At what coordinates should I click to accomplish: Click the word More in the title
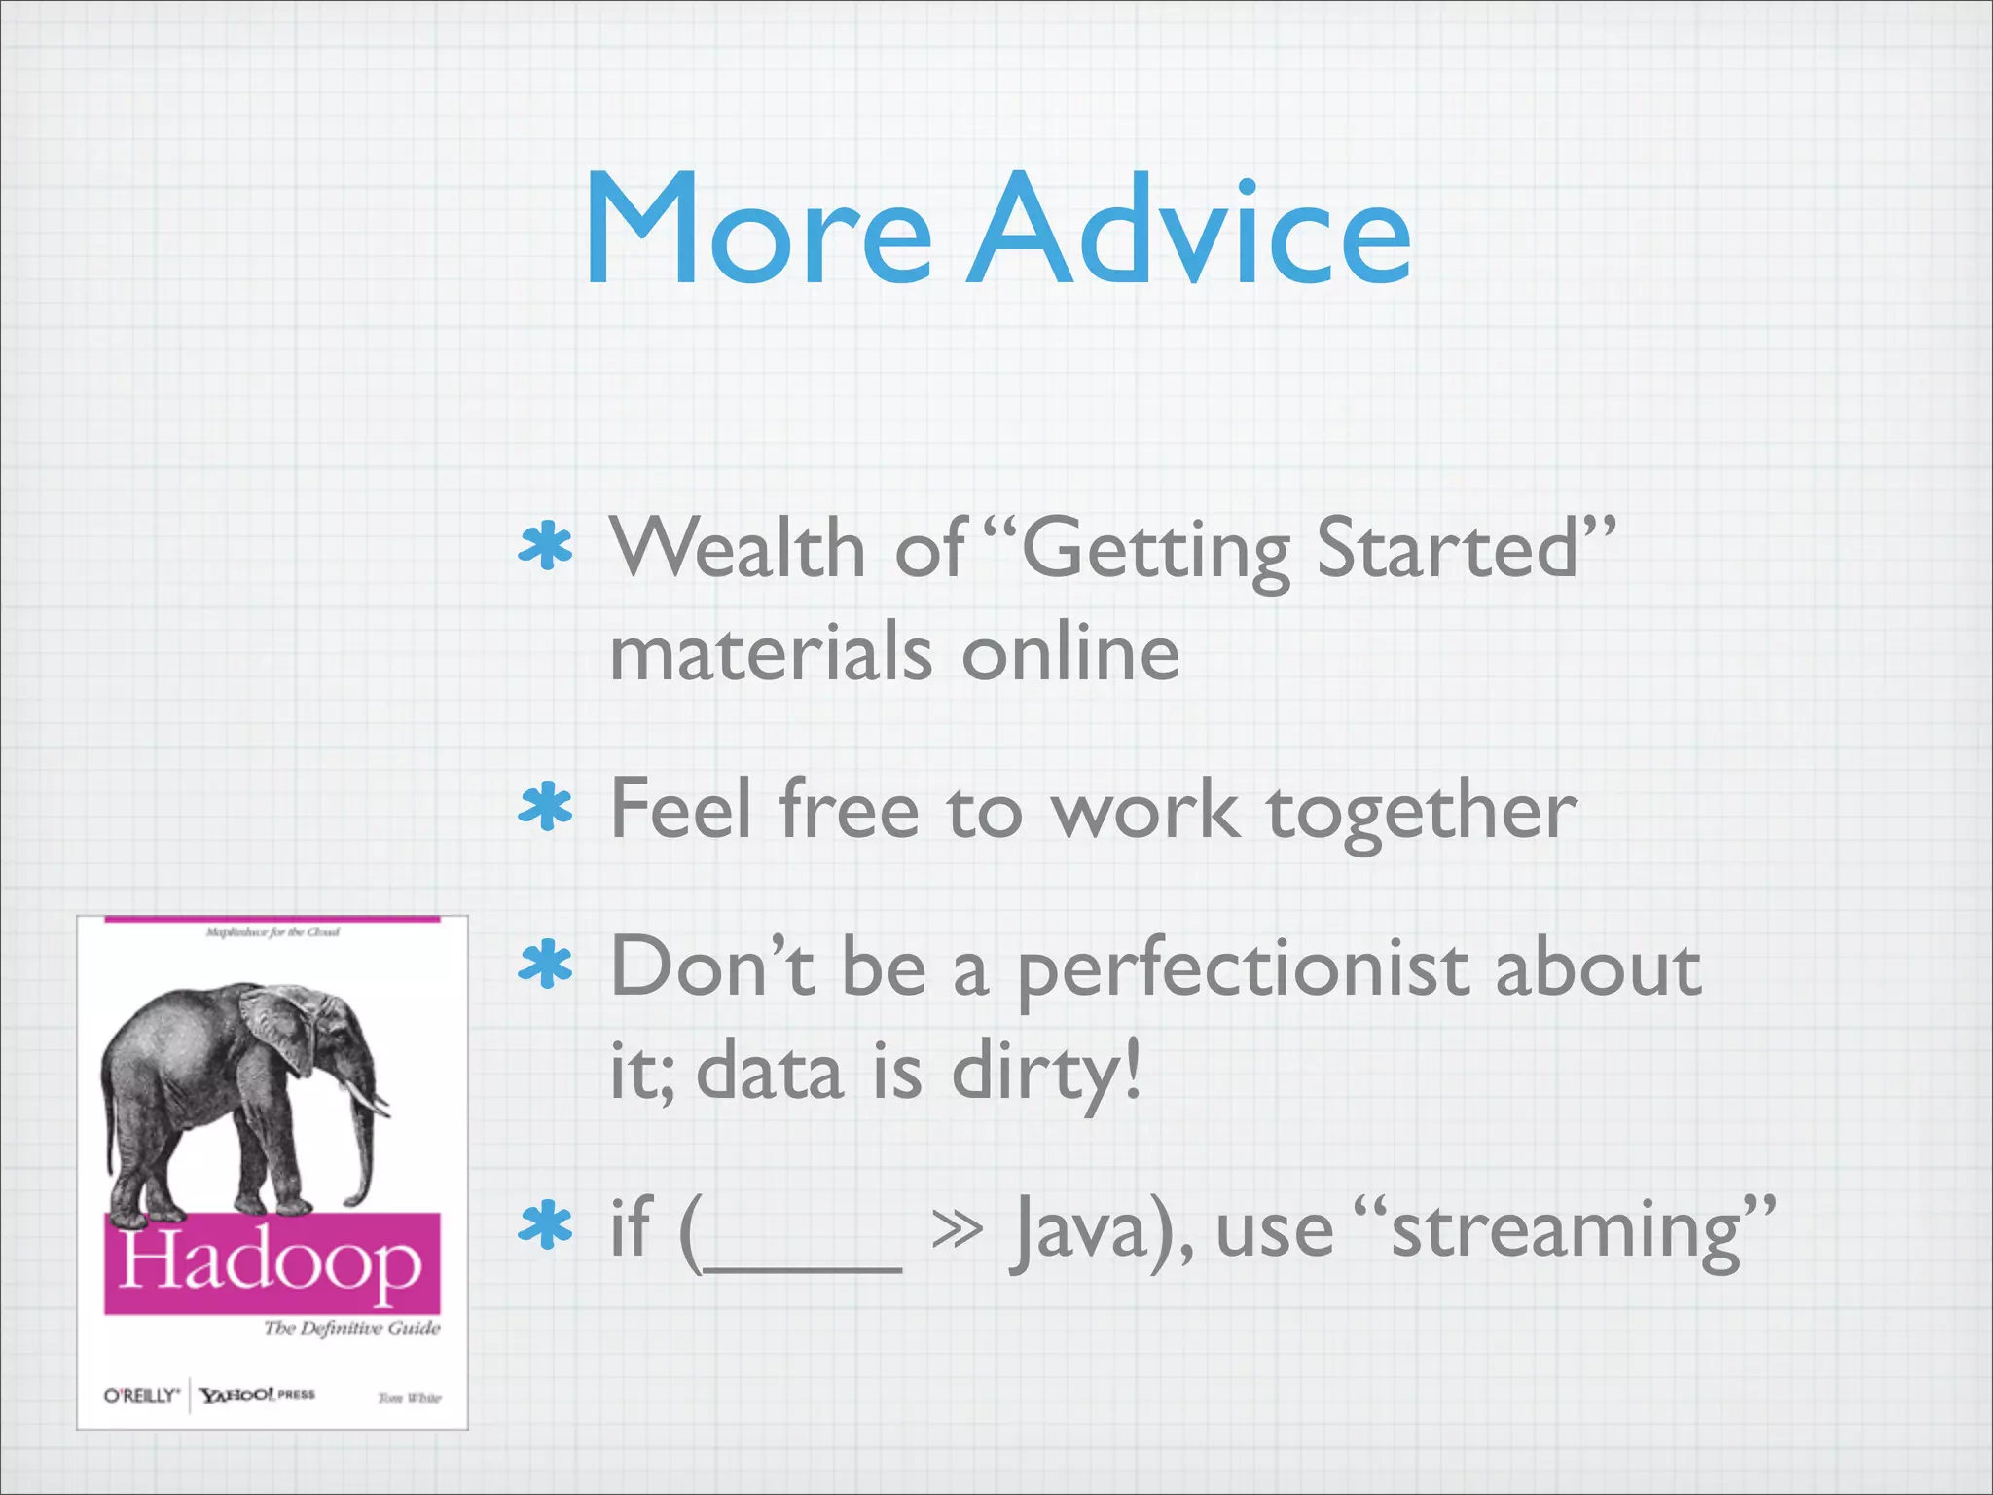point(757,232)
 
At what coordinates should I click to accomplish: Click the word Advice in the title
point(1189,232)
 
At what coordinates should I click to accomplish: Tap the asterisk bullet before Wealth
point(546,547)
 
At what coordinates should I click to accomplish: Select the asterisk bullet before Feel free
point(546,807)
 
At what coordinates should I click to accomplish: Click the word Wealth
point(738,549)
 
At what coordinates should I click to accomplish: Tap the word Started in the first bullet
point(1447,549)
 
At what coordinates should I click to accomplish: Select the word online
point(1070,654)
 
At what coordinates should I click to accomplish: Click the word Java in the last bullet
point(1082,1232)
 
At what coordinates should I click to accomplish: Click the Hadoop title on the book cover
point(271,1262)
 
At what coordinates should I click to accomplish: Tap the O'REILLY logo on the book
point(142,1395)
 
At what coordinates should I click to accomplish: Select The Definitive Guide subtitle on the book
point(351,1329)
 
